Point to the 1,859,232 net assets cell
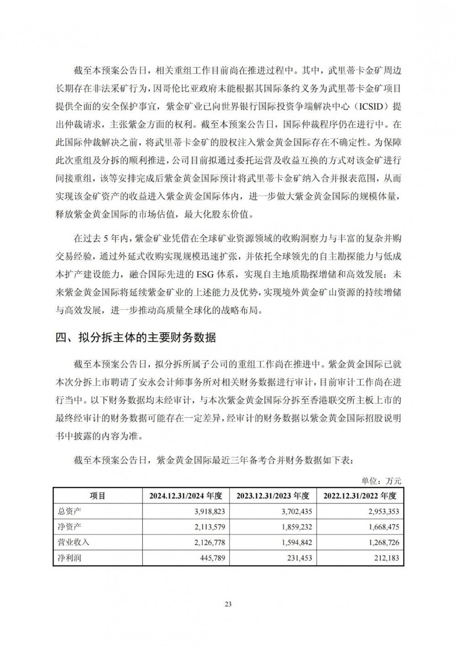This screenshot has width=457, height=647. tap(297, 526)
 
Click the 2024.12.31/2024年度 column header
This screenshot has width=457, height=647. tap(186, 496)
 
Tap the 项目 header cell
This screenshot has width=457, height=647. tap(97, 496)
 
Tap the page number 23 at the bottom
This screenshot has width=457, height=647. tap(228, 604)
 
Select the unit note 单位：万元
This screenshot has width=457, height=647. tap(381, 481)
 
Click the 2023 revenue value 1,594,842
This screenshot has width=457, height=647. tap(297, 542)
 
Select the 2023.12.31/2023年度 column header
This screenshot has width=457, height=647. tap(273, 496)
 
